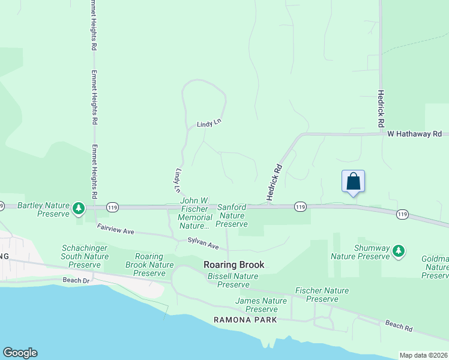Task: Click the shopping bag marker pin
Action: (x=353, y=181)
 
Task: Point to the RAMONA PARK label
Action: (x=246, y=320)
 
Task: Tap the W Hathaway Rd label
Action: (x=414, y=134)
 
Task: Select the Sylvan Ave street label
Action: (x=203, y=244)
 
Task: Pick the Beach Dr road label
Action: (x=76, y=280)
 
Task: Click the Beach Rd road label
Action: (x=399, y=326)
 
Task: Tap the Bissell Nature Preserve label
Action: (x=233, y=280)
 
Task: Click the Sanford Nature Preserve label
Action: (x=231, y=215)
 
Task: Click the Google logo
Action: (x=20, y=353)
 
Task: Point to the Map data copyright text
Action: (x=424, y=355)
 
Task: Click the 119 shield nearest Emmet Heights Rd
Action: (x=112, y=207)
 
